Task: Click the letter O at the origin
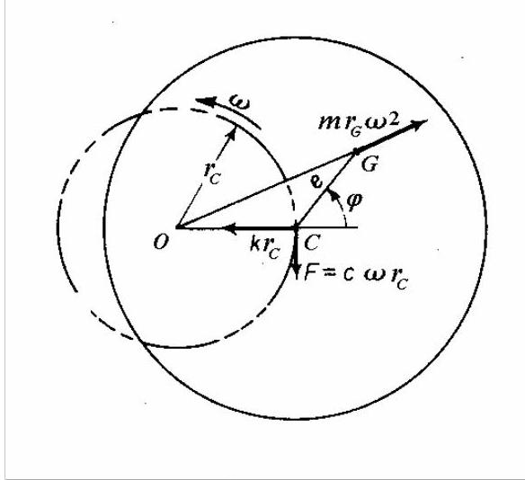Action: pos(160,242)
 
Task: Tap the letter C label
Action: pos(312,243)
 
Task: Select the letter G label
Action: pos(369,164)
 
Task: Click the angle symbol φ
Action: pos(354,201)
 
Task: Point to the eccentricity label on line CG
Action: pos(316,182)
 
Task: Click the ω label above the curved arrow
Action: pos(240,102)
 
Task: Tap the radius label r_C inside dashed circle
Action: pos(212,173)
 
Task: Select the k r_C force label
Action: pos(264,248)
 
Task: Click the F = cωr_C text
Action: pos(356,276)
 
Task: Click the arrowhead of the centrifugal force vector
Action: pos(419,124)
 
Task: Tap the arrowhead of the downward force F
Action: pos(297,271)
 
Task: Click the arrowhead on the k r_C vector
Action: pos(231,228)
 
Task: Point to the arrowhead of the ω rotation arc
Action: pos(205,101)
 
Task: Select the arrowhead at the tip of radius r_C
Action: pos(232,132)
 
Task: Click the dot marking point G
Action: pos(357,152)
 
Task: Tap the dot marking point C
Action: pos(296,227)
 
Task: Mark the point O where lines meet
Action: pos(177,227)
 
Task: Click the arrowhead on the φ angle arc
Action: pos(332,194)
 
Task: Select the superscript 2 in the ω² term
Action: pos(394,120)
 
